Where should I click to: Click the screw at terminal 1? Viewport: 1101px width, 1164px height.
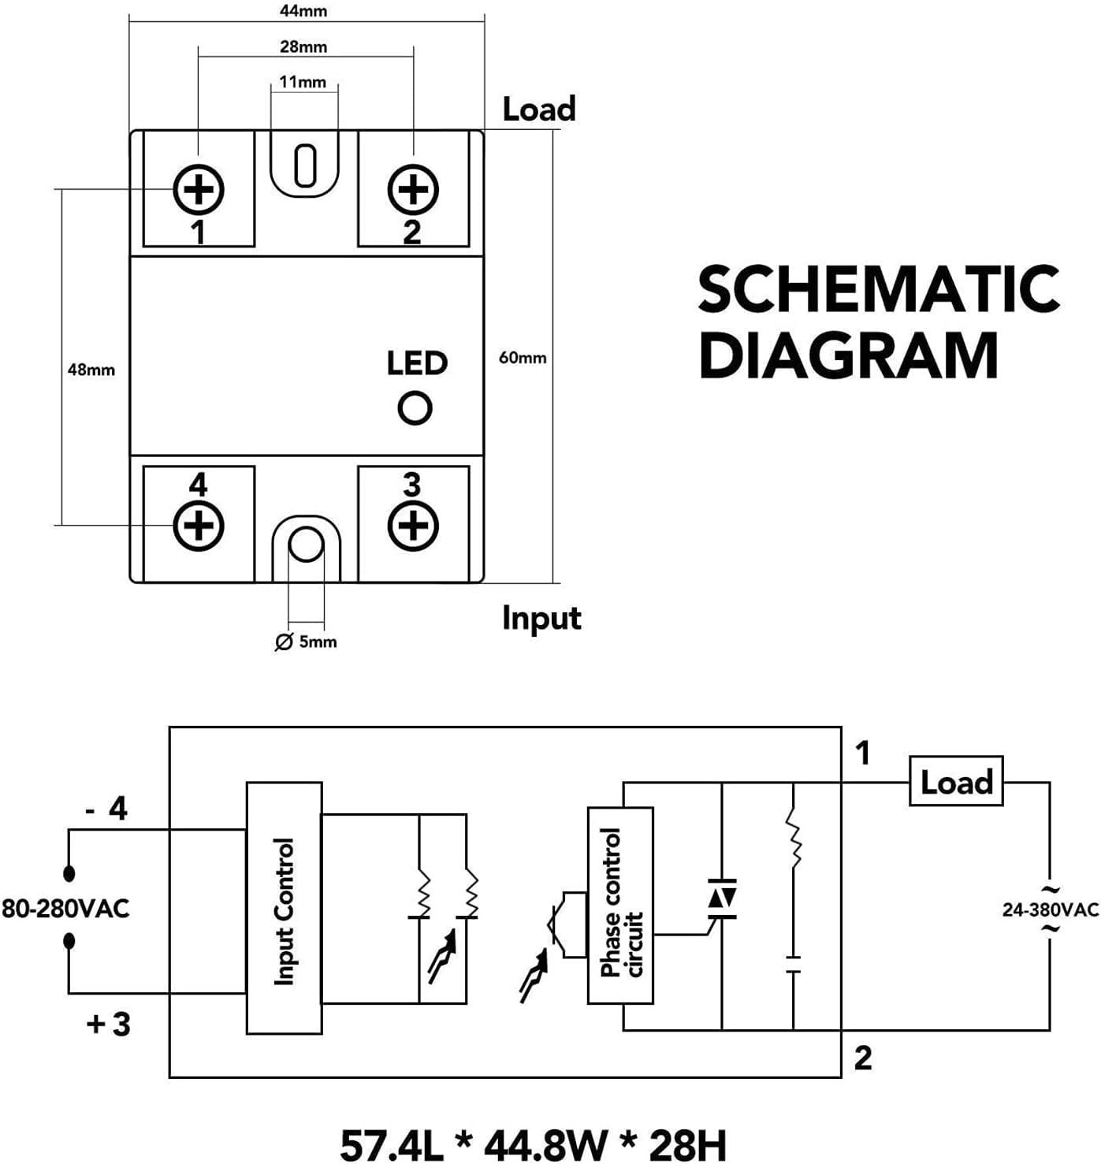[x=199, y=190]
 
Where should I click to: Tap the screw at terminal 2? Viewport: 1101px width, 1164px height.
[x=413, y=190]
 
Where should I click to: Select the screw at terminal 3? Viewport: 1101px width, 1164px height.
[x=413, y=526]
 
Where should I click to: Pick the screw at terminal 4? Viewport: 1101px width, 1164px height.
[x=199, y=526]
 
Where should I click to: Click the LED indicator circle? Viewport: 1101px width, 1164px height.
[x=415, y=408]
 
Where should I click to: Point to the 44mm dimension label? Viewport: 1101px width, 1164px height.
[x=303, y=11]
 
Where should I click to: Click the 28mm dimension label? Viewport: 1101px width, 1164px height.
[x=303, y=46]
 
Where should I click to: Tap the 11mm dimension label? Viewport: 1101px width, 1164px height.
[x=303, y=82]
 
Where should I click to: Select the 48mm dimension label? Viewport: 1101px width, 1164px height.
[x=91, y=370]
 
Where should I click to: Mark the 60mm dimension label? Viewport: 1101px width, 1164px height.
[x=523, y=358]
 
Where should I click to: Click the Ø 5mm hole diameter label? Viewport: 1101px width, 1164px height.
[x=307, y=642]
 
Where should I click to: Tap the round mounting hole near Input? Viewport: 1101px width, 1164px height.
[x=307, y=544]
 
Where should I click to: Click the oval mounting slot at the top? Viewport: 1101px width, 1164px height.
[x=305, y=165]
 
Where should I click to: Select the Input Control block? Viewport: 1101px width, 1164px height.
[x=285, y=913]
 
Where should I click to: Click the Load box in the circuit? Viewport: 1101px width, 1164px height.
[x=957, y=781]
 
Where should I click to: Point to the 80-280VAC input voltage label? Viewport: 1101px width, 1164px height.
[x=65, y=908]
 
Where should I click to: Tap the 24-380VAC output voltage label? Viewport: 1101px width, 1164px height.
[x=1051, y=909]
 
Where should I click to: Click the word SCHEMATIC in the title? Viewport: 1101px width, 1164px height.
[x=878, y=289]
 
